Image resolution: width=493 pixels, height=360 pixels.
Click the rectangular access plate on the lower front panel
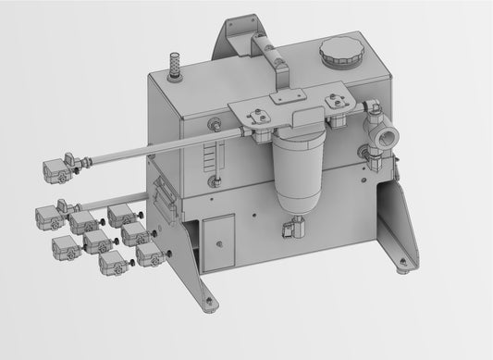218,241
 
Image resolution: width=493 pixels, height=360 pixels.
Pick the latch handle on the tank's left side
165,196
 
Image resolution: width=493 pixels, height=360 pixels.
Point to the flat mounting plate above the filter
288,109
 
